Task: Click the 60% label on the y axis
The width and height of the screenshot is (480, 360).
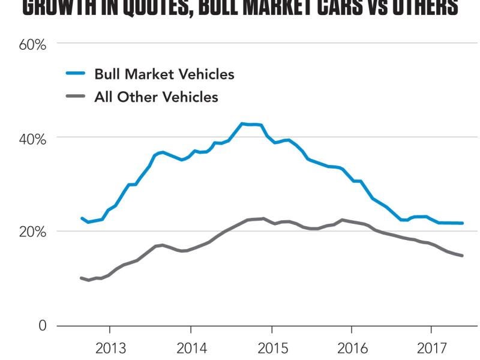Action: (34, 44)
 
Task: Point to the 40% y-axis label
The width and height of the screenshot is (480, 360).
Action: (34, 139)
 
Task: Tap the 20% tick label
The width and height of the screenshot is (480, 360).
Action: (34, 232)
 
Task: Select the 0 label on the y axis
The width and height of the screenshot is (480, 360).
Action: (42, 325)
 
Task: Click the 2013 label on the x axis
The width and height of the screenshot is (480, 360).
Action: (111, 349)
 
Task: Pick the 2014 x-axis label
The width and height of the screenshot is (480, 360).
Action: (191, 349)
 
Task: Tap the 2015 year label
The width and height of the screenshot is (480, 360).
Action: (272, 349)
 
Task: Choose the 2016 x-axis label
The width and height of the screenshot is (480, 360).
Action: (352, 349)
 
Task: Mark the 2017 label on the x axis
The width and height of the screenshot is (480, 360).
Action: (431, 349)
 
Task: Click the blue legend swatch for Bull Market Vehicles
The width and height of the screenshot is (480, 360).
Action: (76, 74)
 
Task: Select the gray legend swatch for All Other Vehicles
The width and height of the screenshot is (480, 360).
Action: (76, 97)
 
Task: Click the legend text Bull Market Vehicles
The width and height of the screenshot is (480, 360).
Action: (164, 74)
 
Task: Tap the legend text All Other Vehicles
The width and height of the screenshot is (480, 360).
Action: (156, 97)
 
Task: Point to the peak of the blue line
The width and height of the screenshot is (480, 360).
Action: (242, 124)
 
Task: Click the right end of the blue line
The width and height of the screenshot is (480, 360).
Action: (463, 223)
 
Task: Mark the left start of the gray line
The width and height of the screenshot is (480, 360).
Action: (81, 278)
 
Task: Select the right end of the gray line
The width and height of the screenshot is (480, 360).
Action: (463, 256)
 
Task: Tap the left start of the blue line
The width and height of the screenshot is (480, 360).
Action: (82, 218)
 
